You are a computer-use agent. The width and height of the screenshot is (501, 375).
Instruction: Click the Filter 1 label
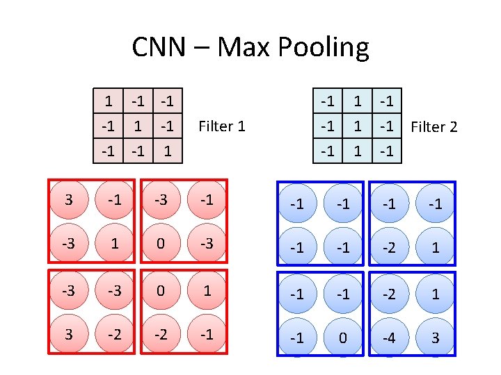point(222,126)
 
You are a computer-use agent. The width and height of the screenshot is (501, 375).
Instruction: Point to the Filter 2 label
point(434,127)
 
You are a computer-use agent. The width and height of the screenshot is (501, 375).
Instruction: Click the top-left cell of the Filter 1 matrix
point(109,101)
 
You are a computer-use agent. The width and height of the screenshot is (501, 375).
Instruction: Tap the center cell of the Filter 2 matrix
point(358,126)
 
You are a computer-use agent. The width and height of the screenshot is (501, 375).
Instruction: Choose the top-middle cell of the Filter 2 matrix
point(358,101)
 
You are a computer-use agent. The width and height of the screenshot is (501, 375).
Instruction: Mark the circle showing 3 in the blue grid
point(435,338)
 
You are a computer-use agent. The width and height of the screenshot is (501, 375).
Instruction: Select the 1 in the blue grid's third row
point(435,294)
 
